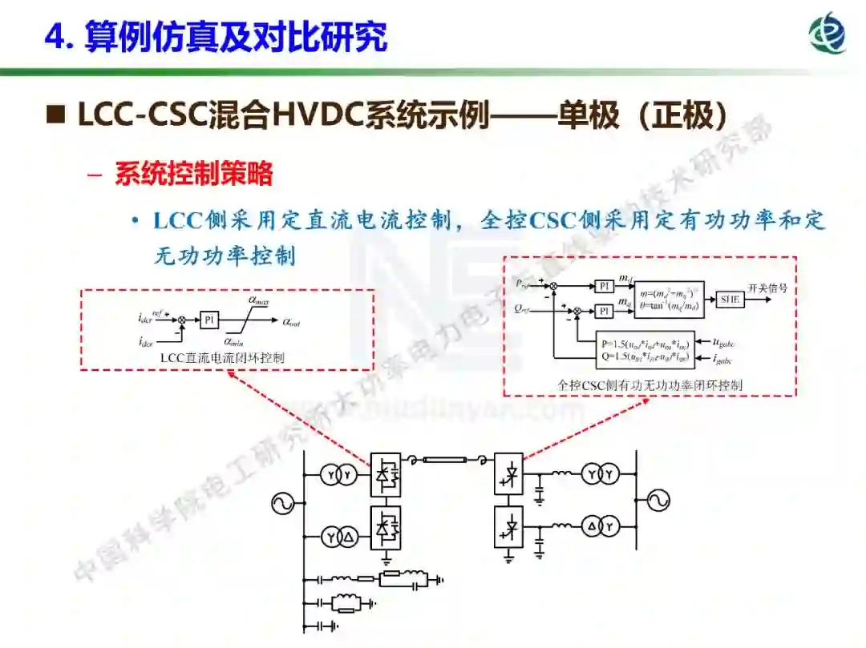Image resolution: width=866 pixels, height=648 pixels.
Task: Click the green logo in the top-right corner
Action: tap(827, 34)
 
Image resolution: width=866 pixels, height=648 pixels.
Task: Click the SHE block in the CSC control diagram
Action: tap(730, 300)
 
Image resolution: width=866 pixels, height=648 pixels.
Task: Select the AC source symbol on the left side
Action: tap(283, 503)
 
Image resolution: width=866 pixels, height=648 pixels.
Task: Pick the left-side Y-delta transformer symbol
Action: tap(338, 537)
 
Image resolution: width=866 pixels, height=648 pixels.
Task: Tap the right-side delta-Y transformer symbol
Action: tap(602, 526)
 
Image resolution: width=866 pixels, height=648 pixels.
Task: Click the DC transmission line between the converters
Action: tap(446, 461)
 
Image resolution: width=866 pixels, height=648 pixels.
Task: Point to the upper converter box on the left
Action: tap(386, 474)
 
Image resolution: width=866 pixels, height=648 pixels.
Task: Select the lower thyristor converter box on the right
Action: tap(508, 526)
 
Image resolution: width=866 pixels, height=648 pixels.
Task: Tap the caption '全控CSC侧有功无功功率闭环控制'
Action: tap(649, 385)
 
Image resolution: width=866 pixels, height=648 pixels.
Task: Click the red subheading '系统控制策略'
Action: tap(193, 174)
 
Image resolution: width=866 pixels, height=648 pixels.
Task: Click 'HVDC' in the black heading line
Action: tap(318, 116)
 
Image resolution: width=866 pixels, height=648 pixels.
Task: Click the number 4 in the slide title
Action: tap(55, 37)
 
